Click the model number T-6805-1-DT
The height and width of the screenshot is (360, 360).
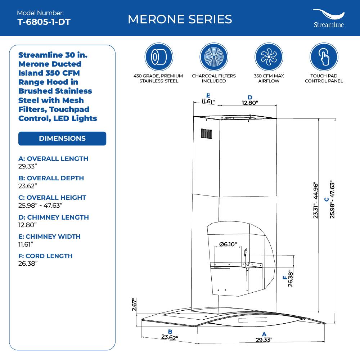click(x=44, y=22)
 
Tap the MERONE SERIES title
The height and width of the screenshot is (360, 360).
click(x=180, y=19)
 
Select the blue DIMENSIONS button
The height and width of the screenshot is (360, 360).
click(x=62, y=139)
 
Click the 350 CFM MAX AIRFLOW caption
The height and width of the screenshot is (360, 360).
click(x=269, y=78)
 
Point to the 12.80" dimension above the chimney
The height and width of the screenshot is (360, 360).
click(x=250, y=103)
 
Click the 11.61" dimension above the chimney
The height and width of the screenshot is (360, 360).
click(x=208, y=102)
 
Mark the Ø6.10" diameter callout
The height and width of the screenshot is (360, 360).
click(x=228, y=244)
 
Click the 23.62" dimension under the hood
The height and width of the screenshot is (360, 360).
click(x=170, y=338)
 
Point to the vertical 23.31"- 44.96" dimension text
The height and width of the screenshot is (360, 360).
click(x=316, y=200)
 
